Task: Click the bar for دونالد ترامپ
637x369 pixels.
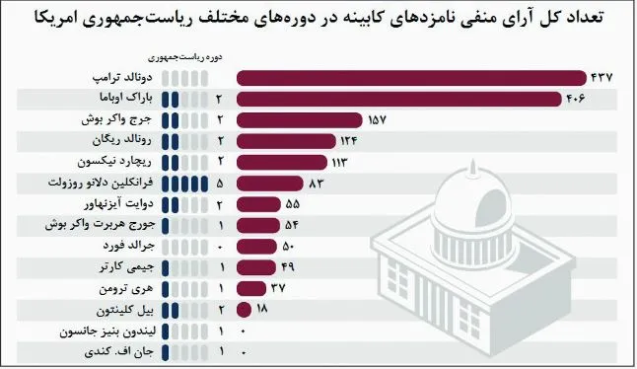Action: coord(411,78)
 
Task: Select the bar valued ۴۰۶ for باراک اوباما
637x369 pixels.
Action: coord(399,100)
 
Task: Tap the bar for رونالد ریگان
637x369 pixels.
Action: coord(286,141)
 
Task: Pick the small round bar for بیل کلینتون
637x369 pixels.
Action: coord(244,310)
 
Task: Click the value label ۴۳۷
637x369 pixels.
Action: coord(602,78)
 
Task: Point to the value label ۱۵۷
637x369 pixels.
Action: coord(377,120)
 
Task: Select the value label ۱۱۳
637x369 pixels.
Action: coord(339,163)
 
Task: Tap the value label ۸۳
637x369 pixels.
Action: coord(317,184)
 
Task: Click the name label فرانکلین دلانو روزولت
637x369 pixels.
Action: coord(101,183)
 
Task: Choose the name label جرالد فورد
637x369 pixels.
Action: coord(128,246)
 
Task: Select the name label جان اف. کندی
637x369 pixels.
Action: coord(118,351)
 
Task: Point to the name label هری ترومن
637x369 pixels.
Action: coord(126,288)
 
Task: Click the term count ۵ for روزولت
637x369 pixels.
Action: coord(220,184)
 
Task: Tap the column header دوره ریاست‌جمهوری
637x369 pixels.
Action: coord(184,57)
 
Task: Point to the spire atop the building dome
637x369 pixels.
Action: coord(472,168)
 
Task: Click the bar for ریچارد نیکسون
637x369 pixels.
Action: coord(282,162)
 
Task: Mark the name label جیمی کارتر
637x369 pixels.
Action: coord(127,267)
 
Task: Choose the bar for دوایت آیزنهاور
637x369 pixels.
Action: coord(258,204)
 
